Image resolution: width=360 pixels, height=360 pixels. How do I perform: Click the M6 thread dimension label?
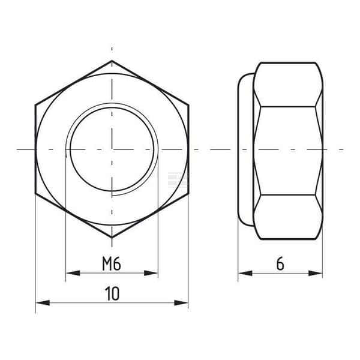click(x=112, y=264)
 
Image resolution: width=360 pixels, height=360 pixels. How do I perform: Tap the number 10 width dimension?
click(x=112, y=293)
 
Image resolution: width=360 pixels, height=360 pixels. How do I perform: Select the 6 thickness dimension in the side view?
click(x=280, y=264)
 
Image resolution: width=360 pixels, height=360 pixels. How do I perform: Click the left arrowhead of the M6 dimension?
click(x=73, y=273)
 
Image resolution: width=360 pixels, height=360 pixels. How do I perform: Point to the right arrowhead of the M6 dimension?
click(x=151, y=273)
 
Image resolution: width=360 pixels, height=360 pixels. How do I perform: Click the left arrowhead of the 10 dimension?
click(x=43, y=302)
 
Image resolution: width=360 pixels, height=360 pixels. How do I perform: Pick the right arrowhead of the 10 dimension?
click(x=181, y=302)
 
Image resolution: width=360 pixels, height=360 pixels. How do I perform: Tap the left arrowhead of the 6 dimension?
click(x=245, y=273)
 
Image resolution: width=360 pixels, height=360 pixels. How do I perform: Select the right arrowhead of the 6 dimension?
click(x=315, y=273)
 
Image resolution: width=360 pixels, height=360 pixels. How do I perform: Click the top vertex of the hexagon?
click(x=112, y=61)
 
